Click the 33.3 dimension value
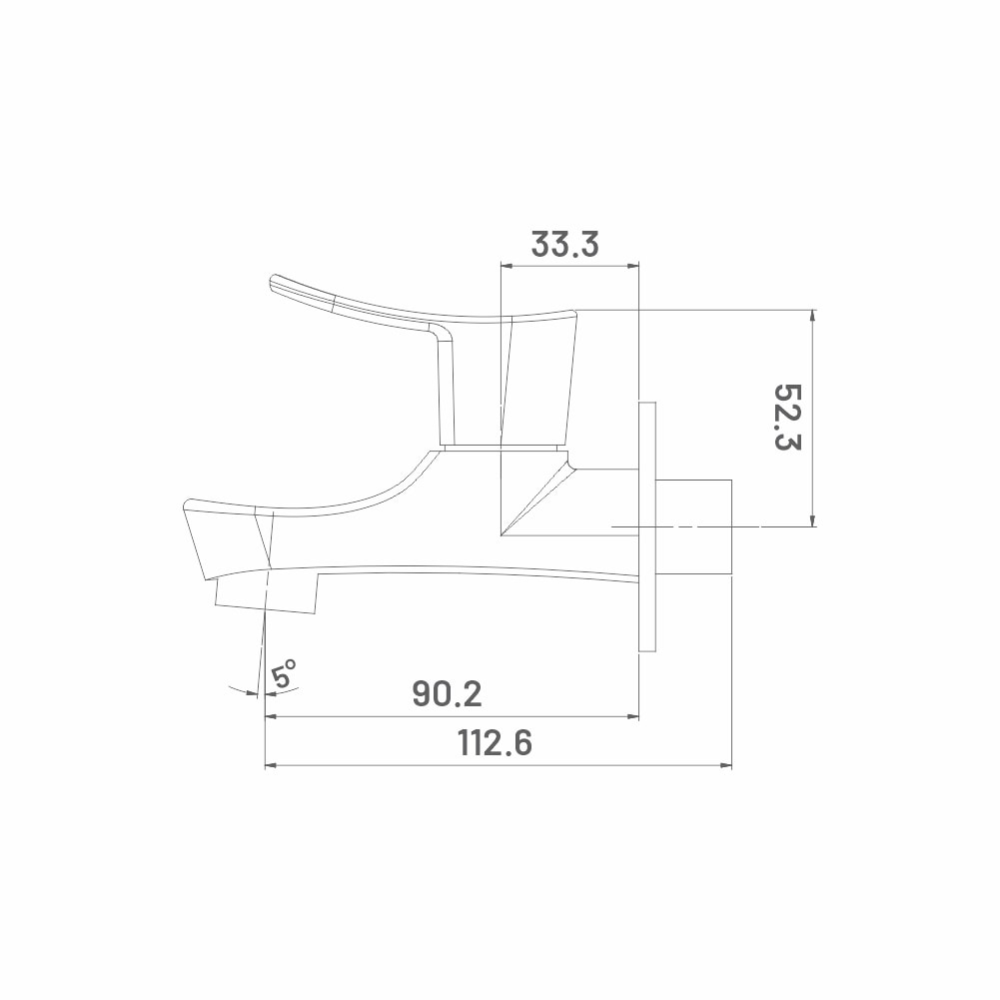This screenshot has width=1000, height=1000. [x=565, y=244]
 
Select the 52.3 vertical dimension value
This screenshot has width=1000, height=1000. [x=787, y=418]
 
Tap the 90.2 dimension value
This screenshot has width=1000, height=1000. [x=448, y=694]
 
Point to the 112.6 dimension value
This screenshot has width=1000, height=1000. [x=495, y=743]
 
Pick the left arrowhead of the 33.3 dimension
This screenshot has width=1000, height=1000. [x=507, y=266]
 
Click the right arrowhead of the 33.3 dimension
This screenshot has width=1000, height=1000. [x=632, y=266]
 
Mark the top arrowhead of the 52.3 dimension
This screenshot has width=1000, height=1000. [x=812, y=317]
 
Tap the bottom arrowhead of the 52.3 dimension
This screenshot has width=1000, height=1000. [x=812, y=520]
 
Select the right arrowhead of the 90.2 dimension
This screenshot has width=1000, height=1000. [x=632, y=717]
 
